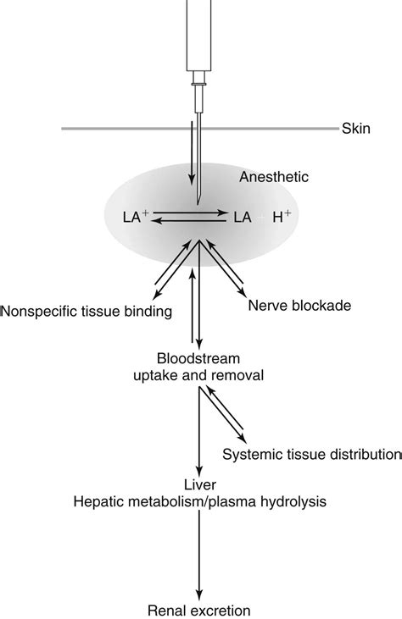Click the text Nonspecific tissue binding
(87, 312)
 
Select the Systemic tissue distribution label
(310, 454)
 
